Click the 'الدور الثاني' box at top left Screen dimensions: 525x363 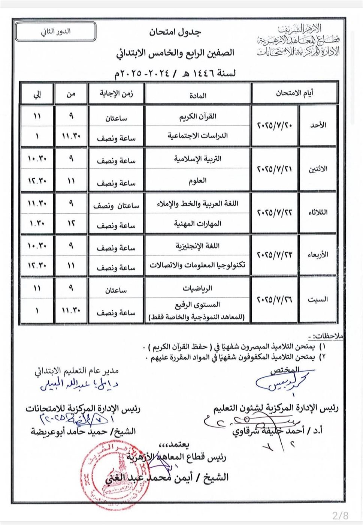pos(55,31)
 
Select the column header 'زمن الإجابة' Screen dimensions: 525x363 pos(116,94)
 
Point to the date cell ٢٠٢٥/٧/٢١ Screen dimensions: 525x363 pos(275,169)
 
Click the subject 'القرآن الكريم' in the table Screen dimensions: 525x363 pos(198,116)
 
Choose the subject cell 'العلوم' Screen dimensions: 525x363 pos(198,181)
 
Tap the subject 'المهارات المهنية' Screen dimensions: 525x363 pos(198,224)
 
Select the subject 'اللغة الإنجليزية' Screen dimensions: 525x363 pos(198,246)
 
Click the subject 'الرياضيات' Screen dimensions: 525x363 pos(198,288)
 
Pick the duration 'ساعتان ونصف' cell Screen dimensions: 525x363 pos(116,205)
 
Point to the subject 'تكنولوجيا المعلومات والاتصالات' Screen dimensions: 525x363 pos(198,265)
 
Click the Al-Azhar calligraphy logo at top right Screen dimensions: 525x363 pos(299,40)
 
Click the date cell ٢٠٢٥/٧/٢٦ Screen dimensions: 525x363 pos(275,300)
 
